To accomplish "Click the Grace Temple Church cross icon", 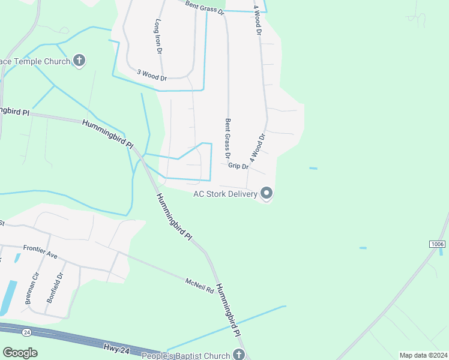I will (79, 60).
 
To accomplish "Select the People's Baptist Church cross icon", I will (240, 355).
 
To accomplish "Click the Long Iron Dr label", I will (159, 37).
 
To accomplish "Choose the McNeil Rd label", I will (199, 285).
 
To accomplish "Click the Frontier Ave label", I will (40, 251).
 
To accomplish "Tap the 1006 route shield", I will (438, 244).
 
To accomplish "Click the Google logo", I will (20, 353).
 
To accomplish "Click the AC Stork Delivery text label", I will (225, 194).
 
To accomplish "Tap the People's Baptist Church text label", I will (185, 356).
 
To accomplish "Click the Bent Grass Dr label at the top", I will (204, 7).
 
